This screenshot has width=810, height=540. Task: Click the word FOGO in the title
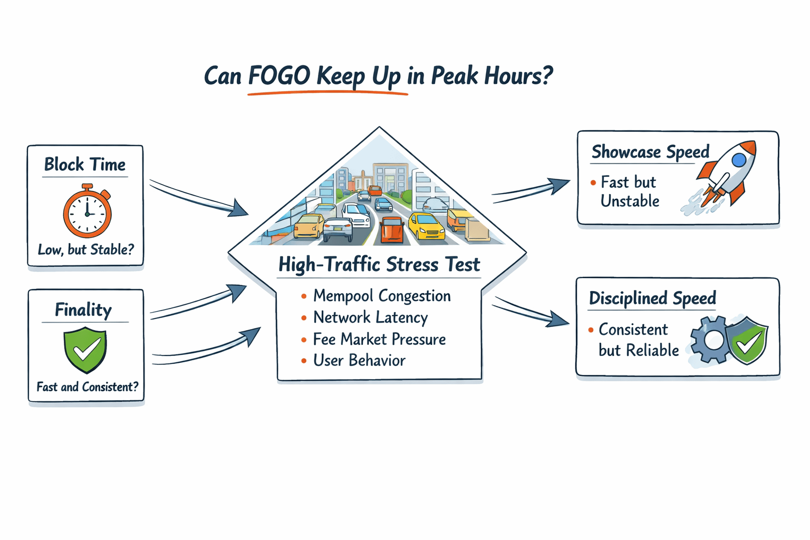point(279,76)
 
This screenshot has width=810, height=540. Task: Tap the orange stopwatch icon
point(87,213)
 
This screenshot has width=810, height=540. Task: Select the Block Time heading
point(85,165)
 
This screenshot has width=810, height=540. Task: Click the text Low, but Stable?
point(86,249)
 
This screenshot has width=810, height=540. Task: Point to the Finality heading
point(83,310)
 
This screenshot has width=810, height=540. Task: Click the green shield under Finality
point(85,349)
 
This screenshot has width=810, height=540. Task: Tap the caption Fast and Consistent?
point(87,387)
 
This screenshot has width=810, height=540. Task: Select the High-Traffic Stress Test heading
point(379,264)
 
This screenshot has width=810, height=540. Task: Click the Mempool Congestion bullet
point(381,296)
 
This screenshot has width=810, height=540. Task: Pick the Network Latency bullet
point(370,317)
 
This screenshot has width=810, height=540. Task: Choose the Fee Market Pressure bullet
point(379,339)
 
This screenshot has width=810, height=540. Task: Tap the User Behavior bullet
point(359,361)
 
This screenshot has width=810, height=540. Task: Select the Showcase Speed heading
point(650,152)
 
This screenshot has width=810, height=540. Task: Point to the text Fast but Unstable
point(629,191)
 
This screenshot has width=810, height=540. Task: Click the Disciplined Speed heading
point(652,298)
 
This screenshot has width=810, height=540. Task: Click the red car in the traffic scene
point(392,230)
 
